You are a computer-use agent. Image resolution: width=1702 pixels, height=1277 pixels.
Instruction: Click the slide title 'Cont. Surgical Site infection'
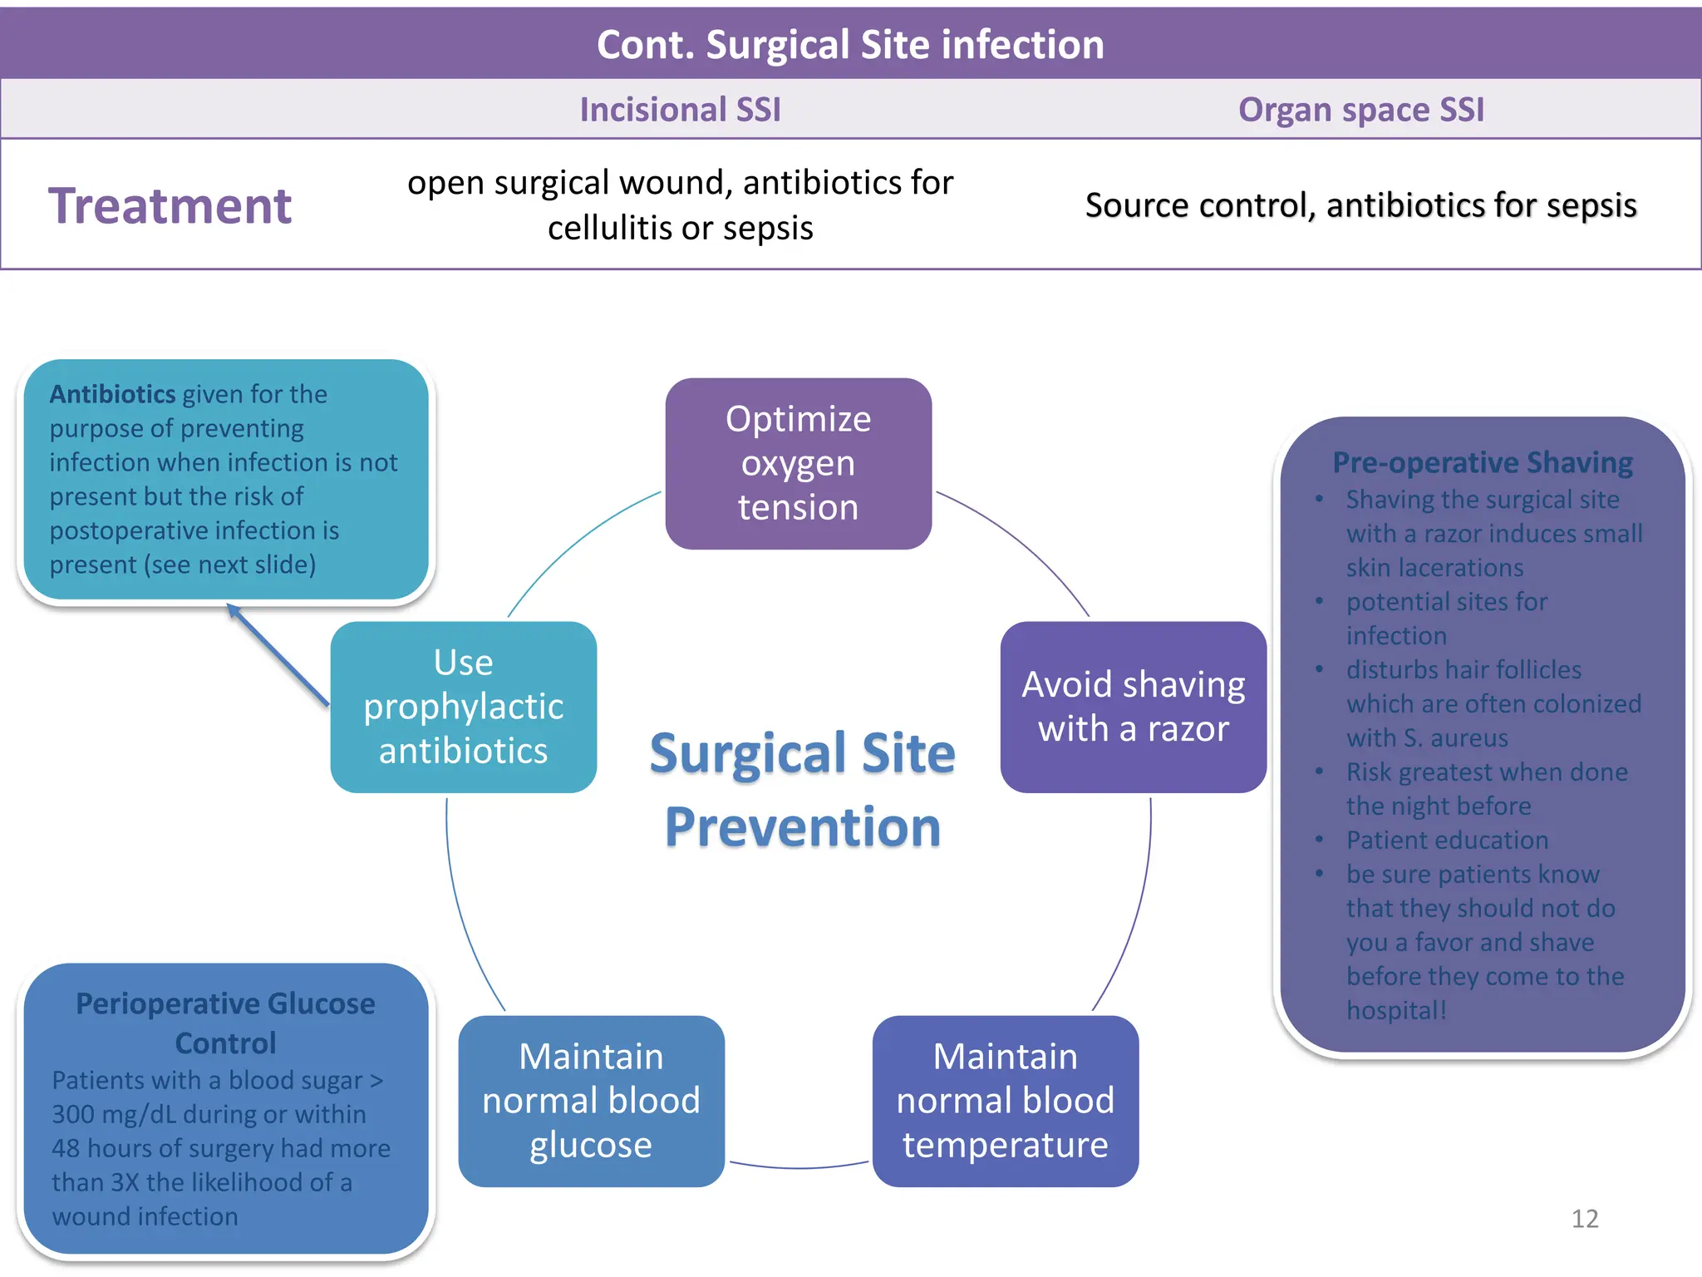click(850, 45)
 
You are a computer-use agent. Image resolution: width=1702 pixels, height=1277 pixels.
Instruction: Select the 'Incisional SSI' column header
click(680, 110)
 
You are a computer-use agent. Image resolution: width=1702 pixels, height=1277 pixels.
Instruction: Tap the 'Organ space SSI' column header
click(1360, 110)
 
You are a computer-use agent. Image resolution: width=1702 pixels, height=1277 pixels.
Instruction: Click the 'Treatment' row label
click(170, 206)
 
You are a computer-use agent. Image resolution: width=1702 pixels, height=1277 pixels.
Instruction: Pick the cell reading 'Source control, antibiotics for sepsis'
click(1360, 205)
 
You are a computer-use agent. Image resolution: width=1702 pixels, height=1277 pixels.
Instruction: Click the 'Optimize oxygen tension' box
click(798, 463)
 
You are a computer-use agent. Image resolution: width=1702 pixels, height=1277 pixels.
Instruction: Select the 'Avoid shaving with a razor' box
click(1133, 707)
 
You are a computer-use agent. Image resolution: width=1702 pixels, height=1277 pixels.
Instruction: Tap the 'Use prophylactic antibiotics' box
click(463, 707)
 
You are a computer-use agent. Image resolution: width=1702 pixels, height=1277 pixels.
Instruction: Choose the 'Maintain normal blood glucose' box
click(591, 1101)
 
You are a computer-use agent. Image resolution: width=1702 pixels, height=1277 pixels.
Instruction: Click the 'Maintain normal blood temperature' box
click(1005, 1101)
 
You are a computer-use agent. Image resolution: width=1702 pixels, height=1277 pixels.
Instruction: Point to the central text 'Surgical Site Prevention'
click(802, 790)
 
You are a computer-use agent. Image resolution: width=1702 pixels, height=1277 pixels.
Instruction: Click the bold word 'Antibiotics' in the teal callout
click(112, 394)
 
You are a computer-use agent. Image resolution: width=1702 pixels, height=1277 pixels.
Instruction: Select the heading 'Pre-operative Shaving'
click(1482, 462)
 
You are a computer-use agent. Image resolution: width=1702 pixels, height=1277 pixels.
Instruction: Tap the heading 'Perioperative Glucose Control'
click(225, 1023)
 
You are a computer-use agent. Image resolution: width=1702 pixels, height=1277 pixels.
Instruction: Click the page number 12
click(1584, 1219)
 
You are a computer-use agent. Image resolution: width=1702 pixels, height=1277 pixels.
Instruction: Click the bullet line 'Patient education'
click(1447, 840)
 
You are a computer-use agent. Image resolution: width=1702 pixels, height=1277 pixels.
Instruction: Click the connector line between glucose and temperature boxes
click(799, 1167)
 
